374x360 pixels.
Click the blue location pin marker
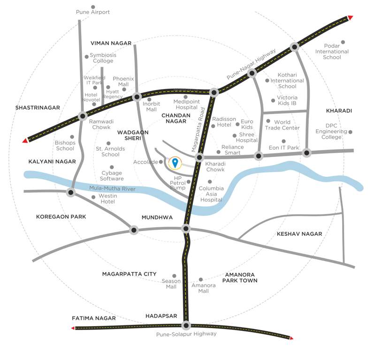(x=175, y=163)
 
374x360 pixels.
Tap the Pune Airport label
(x=93, y=12)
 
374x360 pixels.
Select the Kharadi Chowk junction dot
(x=199, y=157)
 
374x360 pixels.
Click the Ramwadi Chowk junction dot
(x=83, y=116)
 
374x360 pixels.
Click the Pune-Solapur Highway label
(x=187, y=334)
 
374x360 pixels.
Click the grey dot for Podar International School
(x=343, y=42)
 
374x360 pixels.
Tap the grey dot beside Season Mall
(x=174, y=276)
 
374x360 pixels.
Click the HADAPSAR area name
(x=161, y=316)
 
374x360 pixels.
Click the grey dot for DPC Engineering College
(x=350, y=132)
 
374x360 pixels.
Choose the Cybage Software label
(x=112, y=176)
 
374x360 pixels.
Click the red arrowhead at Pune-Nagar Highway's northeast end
(x=350, y=18)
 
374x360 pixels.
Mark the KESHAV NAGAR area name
(x=299, y=233)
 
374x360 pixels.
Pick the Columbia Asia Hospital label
(x=211, y=194)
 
